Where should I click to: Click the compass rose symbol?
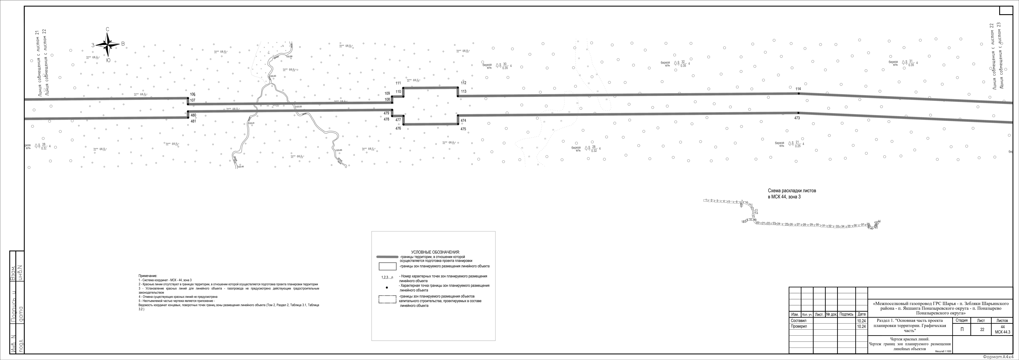point(108,44)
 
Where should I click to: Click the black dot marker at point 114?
point(798,93)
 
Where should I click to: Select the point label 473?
point(797,118)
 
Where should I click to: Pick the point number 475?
point(463,129)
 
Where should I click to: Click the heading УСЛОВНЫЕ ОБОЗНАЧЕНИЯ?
point(435,252)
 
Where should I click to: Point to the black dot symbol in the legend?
point(386,288)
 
